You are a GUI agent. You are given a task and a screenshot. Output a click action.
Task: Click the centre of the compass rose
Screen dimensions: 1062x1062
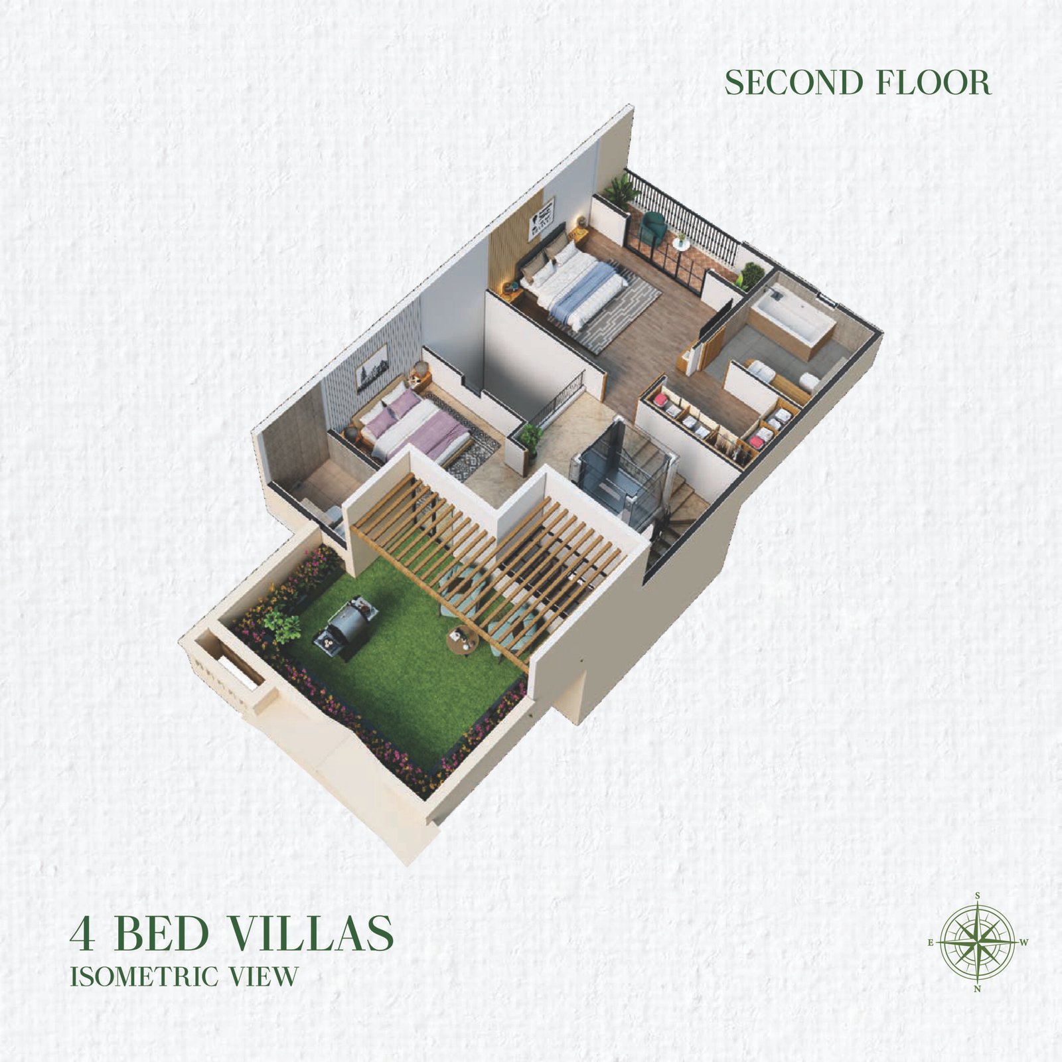[x=978, y=942]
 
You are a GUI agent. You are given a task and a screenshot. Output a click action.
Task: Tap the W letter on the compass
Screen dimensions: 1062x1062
[x=1024, y=942]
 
